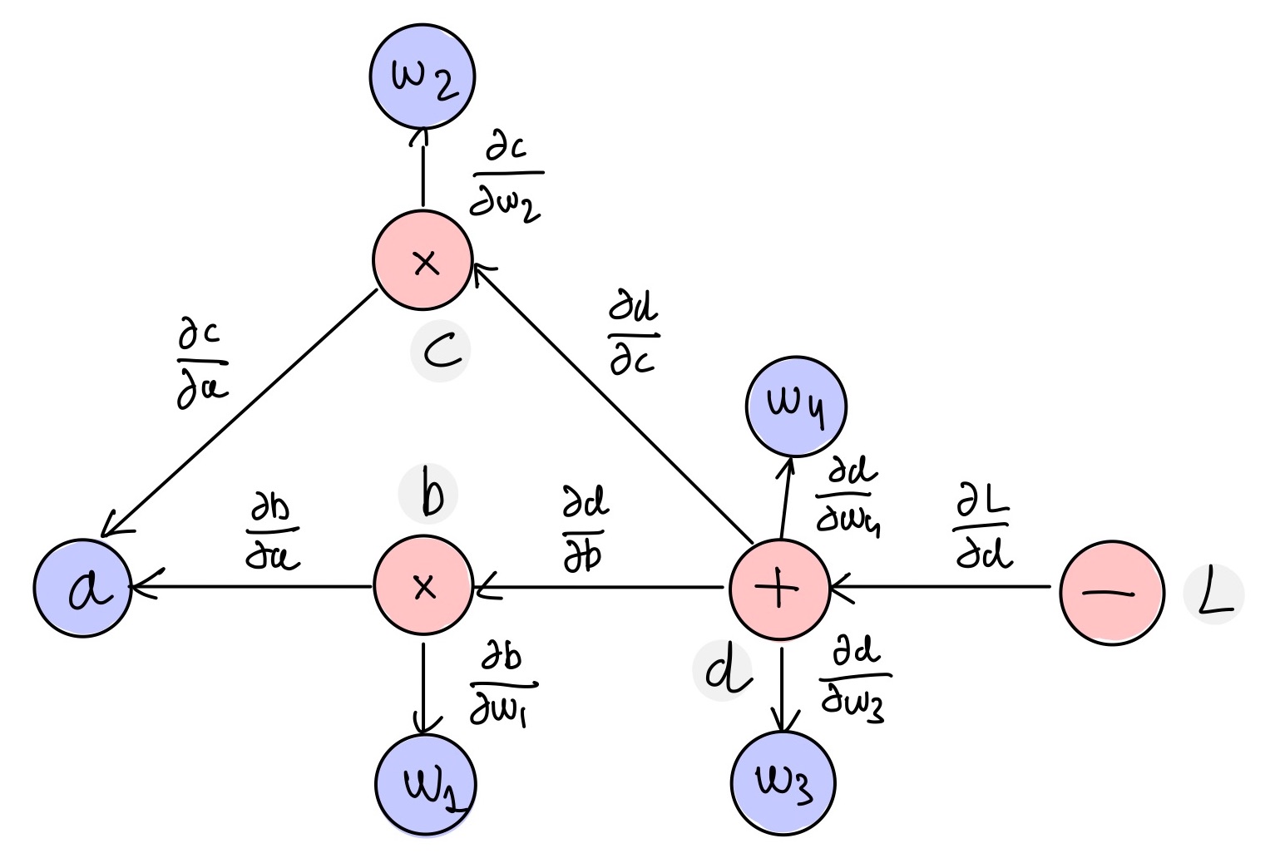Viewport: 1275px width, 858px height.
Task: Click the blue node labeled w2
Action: tap(423, 76)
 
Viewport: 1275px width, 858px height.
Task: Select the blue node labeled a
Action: tap(83, 588)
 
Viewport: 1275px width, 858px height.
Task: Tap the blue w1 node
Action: tap(425, 783)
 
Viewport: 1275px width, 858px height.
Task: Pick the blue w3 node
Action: tap(783, 782)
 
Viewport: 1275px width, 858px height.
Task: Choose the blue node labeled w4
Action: tap(796, 407)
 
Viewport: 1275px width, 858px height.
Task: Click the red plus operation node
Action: tap(779, 589)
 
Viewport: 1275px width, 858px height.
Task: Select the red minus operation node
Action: tap(1112, 593)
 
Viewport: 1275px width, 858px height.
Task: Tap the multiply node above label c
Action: tap(423, 261)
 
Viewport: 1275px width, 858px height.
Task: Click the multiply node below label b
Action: tap(423, 587)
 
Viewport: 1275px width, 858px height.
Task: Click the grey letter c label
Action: tap(441, 353)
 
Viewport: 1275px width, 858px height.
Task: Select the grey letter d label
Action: tap(724, 671)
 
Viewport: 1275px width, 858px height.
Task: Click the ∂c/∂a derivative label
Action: tap(201, 366)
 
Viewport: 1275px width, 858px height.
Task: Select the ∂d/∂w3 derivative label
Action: tap(854, 678)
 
